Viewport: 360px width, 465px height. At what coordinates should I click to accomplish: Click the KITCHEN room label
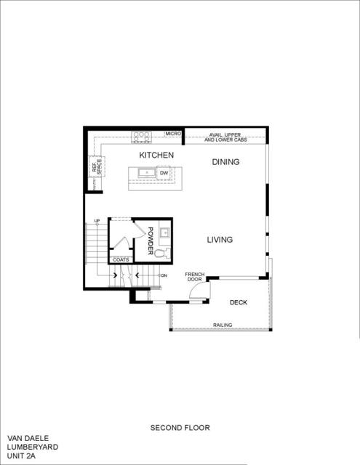[156, 155]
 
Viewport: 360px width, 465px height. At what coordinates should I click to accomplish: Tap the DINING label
[225, 162]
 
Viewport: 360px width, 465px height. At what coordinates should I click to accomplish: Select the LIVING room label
[219, 240]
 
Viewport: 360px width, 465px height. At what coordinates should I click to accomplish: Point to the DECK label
[240, 302]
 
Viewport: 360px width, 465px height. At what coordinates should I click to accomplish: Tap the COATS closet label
[120, 259]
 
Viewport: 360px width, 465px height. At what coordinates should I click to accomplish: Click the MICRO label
[172, 134]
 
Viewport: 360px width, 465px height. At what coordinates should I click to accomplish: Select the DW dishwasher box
[164, 173]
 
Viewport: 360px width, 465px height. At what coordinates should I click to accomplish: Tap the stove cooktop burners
[141, 134]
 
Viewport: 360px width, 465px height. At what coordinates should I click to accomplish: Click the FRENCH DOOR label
[194, 276]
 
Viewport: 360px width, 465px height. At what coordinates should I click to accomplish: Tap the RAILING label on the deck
[223, 325]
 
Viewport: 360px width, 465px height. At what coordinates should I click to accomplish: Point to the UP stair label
[96, 220]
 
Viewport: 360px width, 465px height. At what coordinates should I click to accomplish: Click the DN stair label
[164, 276]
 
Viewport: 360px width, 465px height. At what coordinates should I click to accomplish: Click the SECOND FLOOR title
[180, 428]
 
